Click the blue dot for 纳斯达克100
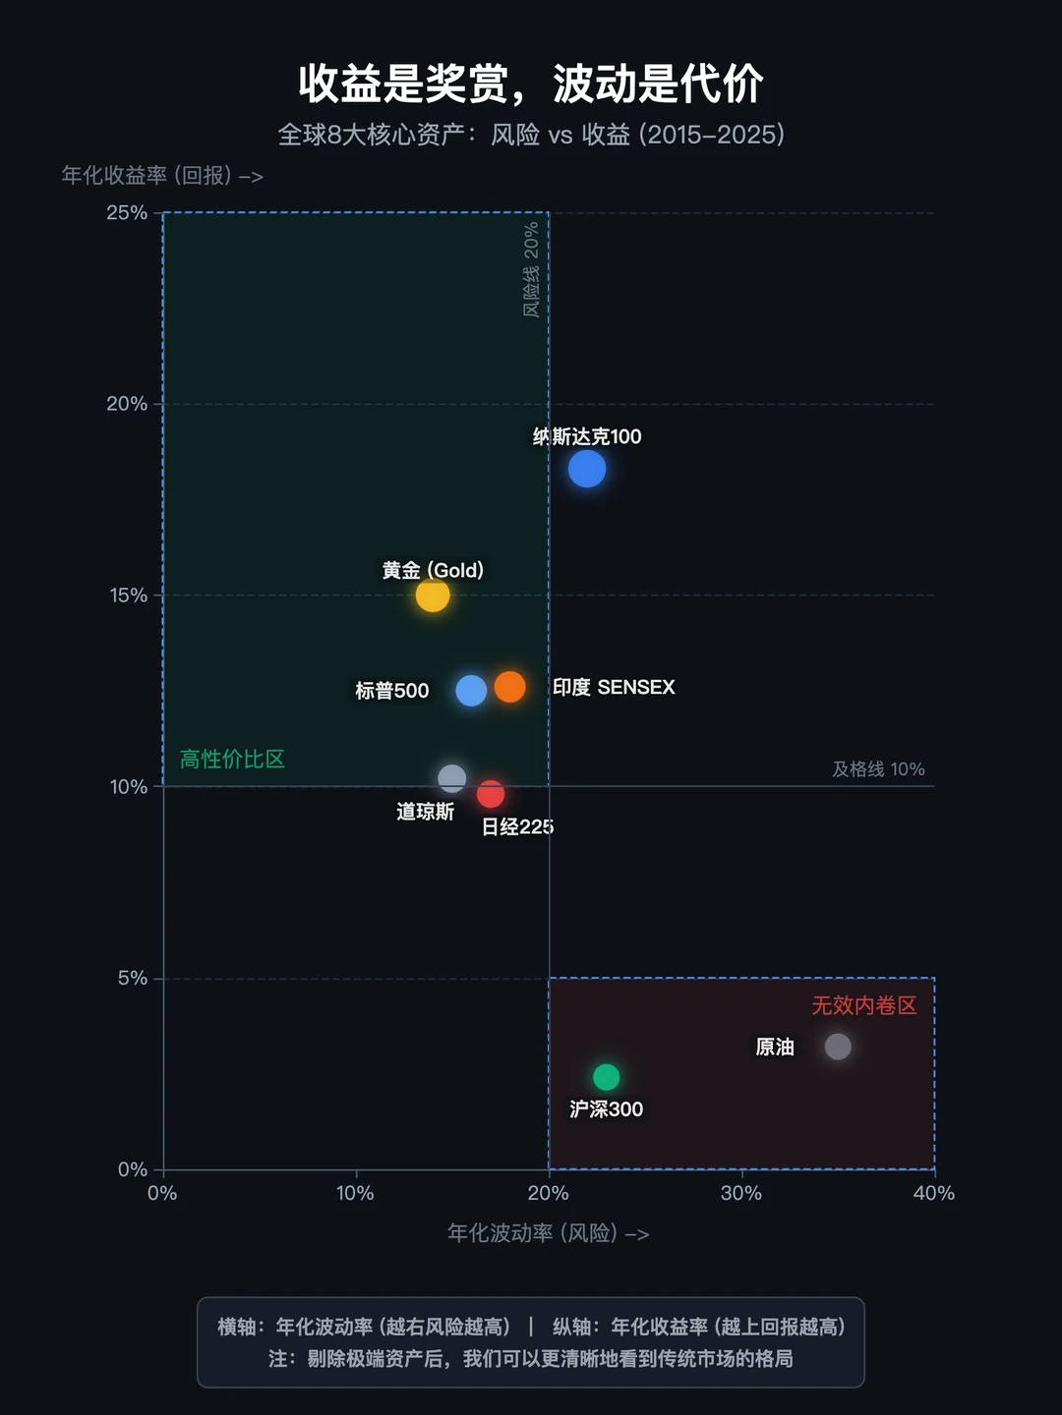tap(587, 469)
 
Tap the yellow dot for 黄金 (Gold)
tap(433, 594)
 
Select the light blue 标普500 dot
tap(471, 691)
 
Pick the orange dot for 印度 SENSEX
tap(509, 687)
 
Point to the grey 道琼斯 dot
tap(451, 778)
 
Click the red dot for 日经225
tap(491, 794)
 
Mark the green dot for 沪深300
tap(607, 1077)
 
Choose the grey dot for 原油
tap(838, 1047)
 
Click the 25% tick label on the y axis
tap(127, 213)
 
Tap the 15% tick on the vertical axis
tap(128, 595)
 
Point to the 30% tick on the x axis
tap(740, 1193)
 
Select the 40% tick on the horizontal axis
tap(933, 1193)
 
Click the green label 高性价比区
tap(232, 759)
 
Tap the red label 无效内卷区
tap(863, 1005)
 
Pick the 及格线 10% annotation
tap(878, 769)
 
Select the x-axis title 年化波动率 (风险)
tap(548, 1232)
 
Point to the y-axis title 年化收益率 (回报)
tap(162, 176)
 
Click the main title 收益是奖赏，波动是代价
tap(531, 84)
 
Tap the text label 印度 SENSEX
tap(614, 687)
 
